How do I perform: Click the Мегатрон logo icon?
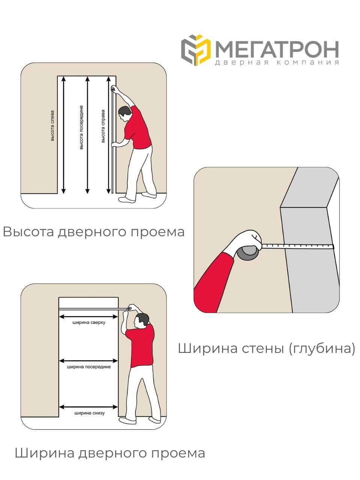click(x=196, y=50)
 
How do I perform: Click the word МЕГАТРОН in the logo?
click(x=277, y=49)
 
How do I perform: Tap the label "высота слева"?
click(x=52, y=126)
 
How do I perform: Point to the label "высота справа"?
click(x=103, y=126)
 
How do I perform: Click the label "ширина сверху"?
click(x=89, y=322)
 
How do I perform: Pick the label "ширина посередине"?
click(x=89, y=367)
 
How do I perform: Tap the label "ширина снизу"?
click(x=89, y=413)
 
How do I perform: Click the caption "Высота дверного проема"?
click(x=94, y=232)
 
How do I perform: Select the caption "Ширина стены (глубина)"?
click(x=266, y=348)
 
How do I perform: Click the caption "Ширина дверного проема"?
click(x=110, y=453)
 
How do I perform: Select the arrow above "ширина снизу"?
click(x=89, y=406)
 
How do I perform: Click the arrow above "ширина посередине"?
click(x=89, y=361)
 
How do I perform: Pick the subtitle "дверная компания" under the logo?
click(x=277, y=63)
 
